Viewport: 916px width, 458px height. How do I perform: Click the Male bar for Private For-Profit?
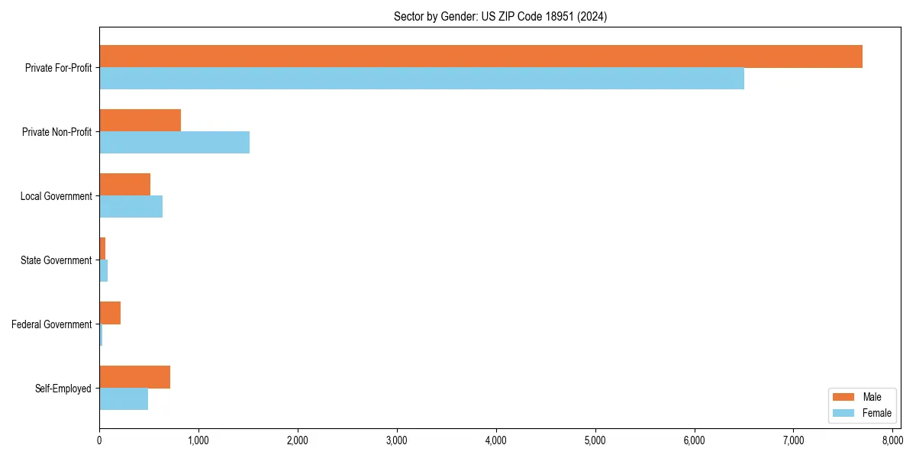481,56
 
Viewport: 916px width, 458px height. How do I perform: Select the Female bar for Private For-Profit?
421,79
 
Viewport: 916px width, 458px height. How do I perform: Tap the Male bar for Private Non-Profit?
140,121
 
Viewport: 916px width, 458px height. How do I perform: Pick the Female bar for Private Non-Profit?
175,143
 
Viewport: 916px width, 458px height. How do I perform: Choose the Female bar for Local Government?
131,207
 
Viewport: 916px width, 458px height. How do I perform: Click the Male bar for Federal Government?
110,313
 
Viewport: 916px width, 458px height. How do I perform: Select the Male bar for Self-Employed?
135,377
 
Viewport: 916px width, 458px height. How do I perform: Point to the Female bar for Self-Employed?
124,399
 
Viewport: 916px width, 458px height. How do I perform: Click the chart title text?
500,16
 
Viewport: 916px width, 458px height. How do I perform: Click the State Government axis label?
56,260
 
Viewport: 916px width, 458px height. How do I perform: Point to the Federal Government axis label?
52,324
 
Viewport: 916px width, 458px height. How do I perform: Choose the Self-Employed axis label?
63,389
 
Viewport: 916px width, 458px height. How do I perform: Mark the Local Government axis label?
56,196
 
